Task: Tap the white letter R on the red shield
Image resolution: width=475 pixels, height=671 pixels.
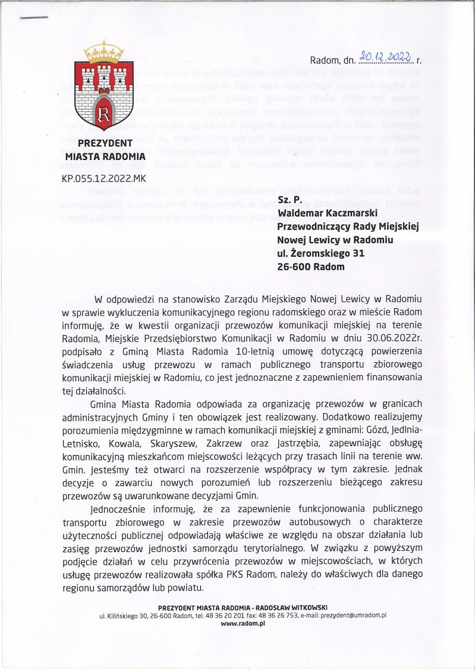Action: pyautogui.click(x=105, y=112)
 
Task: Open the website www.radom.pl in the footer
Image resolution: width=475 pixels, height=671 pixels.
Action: pyautogui.click(x=243, y=623)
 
